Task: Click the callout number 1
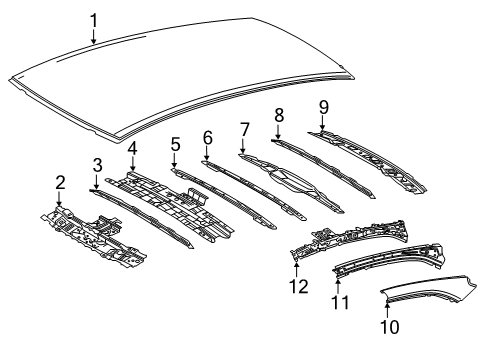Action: click(94, 19)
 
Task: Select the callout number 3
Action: click(97, 164)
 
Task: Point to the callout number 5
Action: click(174, 144)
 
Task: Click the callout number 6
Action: click(207, 136)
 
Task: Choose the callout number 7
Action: click(244, 129)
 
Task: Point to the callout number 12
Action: click(296, 288)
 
